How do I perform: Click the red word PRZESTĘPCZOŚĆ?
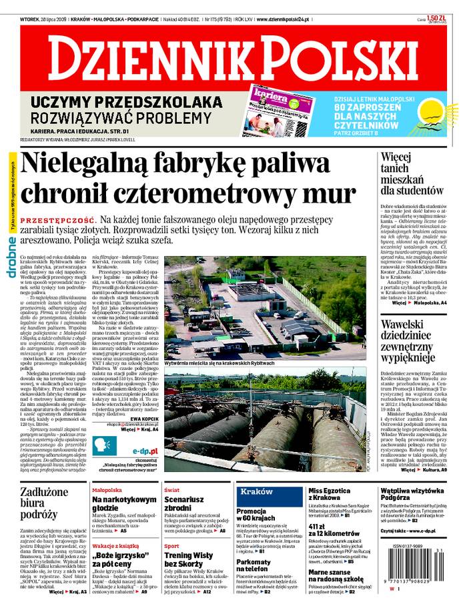(x=57, y=219)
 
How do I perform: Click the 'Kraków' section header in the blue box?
(x=257, y=491)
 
